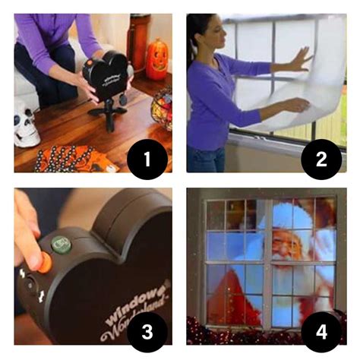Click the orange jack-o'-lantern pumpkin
coord(156,59)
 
